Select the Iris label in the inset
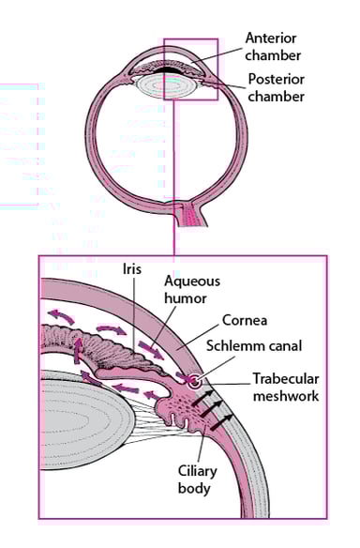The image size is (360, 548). click(132, 268)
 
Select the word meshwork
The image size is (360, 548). click(286, 396)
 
